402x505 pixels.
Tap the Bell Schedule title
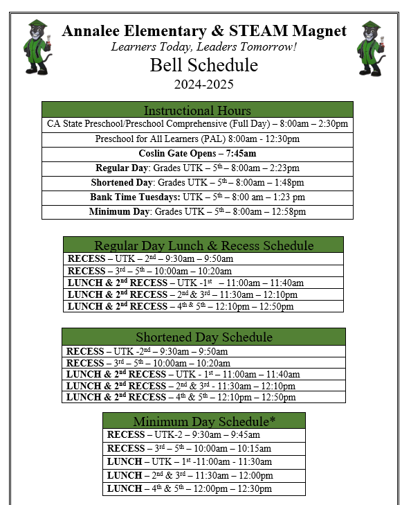204,66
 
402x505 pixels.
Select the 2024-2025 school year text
203,85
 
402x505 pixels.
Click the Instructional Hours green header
197,110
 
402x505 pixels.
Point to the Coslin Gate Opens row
197,153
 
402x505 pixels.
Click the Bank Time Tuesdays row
197,197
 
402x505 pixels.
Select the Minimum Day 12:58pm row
197,212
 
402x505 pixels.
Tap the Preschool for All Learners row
197,139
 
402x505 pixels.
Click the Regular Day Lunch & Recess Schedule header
203,245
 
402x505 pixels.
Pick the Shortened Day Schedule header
203,337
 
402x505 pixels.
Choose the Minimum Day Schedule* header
204,421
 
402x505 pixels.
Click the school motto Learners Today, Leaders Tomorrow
203,47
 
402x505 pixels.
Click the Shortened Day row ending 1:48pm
197,183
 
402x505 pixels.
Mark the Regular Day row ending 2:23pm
197,168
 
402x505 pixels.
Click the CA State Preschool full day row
197,124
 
